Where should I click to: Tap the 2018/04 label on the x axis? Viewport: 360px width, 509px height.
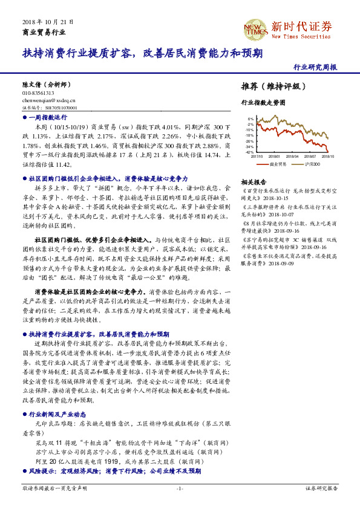(293, 155)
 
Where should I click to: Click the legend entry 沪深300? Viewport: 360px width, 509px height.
(312, 163)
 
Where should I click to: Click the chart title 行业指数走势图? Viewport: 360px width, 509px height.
(263, 103)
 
